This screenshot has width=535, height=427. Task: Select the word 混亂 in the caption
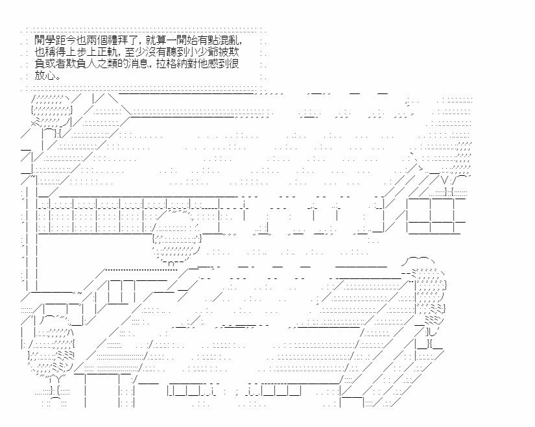pos(230,41)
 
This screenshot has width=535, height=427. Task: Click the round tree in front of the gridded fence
pos(176,236)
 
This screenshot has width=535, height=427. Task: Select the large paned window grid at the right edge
pos(436,215)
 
